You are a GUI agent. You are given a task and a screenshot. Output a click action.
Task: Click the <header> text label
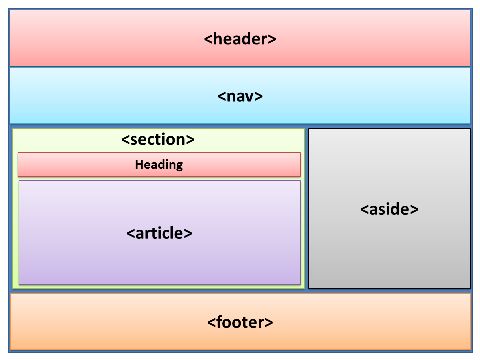click(240, 39)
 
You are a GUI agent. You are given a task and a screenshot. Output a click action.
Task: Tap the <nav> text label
click(240, 97)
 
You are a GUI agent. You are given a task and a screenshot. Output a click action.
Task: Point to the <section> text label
click(158, 140)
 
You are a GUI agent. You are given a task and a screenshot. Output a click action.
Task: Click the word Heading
click(159, 165)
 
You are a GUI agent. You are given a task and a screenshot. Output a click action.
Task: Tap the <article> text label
click(159, 233)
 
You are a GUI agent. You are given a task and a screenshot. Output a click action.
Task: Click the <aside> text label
click(389, 209)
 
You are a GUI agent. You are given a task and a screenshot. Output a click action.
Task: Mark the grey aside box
click(389, 250)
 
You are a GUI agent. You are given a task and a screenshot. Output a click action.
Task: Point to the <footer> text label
click(240, 322)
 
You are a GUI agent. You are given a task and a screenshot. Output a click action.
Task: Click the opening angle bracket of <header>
click(208, 40)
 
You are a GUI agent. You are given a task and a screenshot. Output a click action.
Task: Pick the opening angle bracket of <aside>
click(363, 210)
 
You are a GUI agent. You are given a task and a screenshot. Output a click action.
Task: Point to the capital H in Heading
click(139, 165)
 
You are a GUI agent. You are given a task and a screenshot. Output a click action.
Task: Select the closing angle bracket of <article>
click(189, 234)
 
